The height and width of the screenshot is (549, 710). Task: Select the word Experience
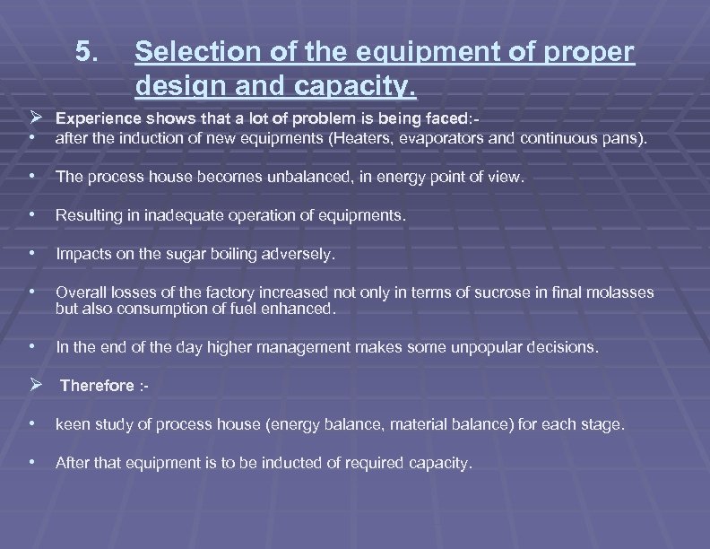coord(91,118)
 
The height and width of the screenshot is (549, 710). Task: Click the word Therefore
coord(97,386)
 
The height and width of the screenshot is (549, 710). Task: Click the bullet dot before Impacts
coord(32,254)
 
